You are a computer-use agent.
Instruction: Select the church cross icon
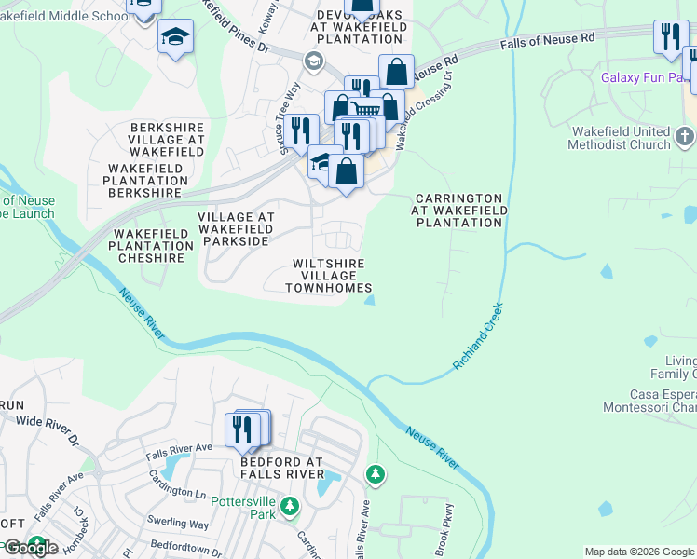point(685,138)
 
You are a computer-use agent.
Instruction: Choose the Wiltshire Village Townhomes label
point(332,276)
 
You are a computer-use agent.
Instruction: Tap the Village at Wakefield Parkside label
point(236,228)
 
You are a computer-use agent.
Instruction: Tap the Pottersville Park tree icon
point(290,506)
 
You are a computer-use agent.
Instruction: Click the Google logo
point(30,548)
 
